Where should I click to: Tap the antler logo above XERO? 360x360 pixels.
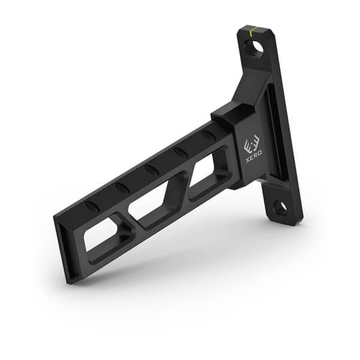click(251, 146)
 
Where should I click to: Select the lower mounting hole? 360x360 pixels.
click(280, 208)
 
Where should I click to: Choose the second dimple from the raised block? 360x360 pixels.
click(181, 152)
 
